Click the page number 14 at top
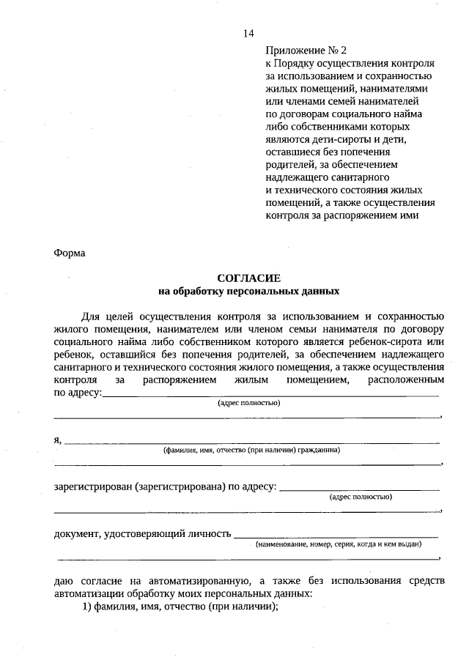[248, 33]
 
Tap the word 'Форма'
[70, 253]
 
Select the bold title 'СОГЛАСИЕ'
[248, 278]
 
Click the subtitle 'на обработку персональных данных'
[248, 291]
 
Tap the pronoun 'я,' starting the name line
[59, 440]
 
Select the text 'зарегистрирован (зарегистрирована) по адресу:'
[165, 487]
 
